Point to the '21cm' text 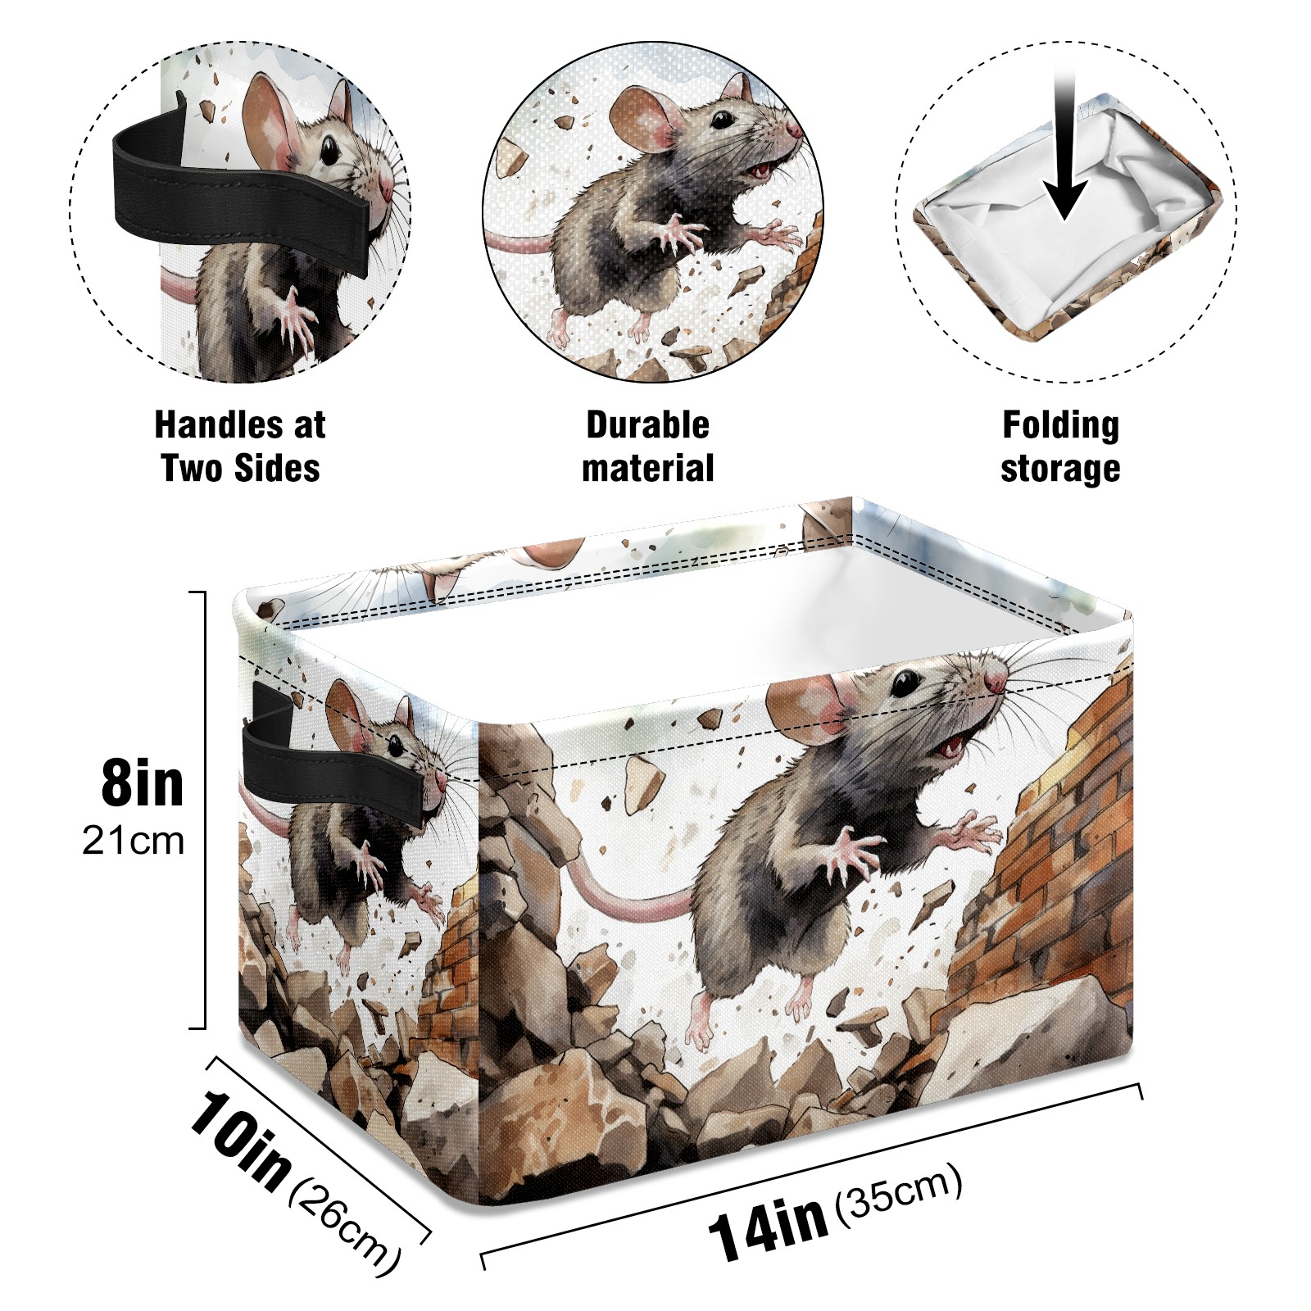point(134,841)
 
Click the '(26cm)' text point(345,1225)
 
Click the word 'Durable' point(647,425)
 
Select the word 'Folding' point(1061,426)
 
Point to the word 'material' point(647,469)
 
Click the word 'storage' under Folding point(1060,470)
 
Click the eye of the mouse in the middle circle point(721,120)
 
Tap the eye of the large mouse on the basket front point(905,683)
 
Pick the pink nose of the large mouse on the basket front point(996,680)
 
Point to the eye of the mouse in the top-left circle point(329,151)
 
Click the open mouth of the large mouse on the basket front point(953,745)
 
